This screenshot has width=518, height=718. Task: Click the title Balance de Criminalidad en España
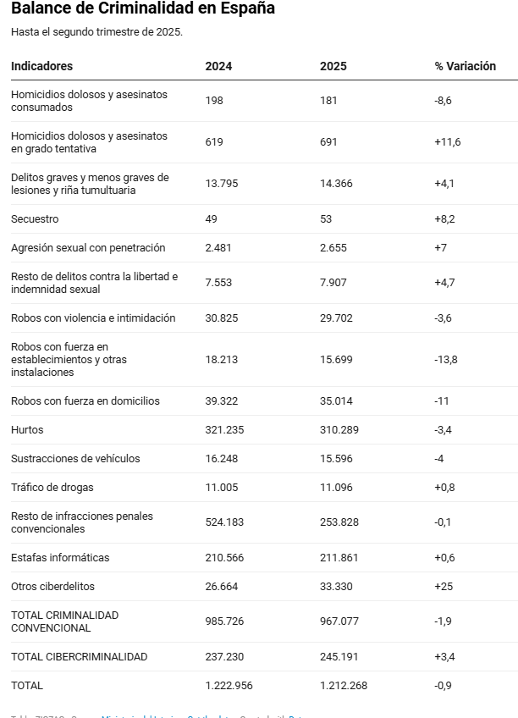[142, 9]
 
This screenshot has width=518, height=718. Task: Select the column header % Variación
[465, 66]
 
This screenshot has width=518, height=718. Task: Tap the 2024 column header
[218, 66]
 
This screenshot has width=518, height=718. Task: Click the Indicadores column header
[42, 66]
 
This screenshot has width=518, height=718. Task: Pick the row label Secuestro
[35, 218]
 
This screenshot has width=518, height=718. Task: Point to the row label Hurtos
[27, 429]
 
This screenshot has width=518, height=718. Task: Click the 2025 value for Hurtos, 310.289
[339, 429]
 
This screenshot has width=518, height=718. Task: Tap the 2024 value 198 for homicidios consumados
[214, 101]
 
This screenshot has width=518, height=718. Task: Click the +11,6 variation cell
[447, 142]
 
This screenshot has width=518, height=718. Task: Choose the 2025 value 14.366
[336, 184]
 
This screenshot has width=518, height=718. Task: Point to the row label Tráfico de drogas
[52, 487]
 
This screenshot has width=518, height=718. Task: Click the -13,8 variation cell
[445, 359]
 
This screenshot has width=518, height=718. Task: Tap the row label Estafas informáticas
[60, 557]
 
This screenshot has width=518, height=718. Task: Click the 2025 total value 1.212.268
[344, 685]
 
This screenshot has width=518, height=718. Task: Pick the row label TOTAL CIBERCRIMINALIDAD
[80, 656]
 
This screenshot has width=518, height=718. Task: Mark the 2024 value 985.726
[224, 621]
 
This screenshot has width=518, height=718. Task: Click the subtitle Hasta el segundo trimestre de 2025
[97, 32]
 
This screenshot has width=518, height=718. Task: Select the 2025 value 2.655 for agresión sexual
[336, 247]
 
